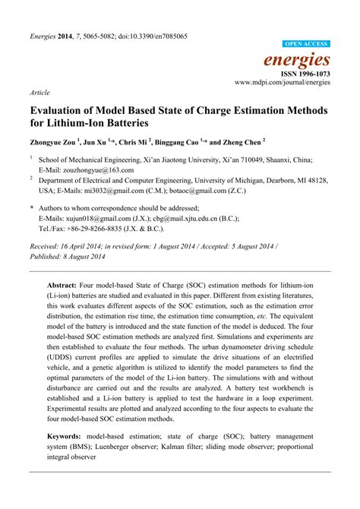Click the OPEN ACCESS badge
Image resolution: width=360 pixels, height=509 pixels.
(307, 45)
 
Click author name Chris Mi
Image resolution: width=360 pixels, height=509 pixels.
(136, 141)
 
